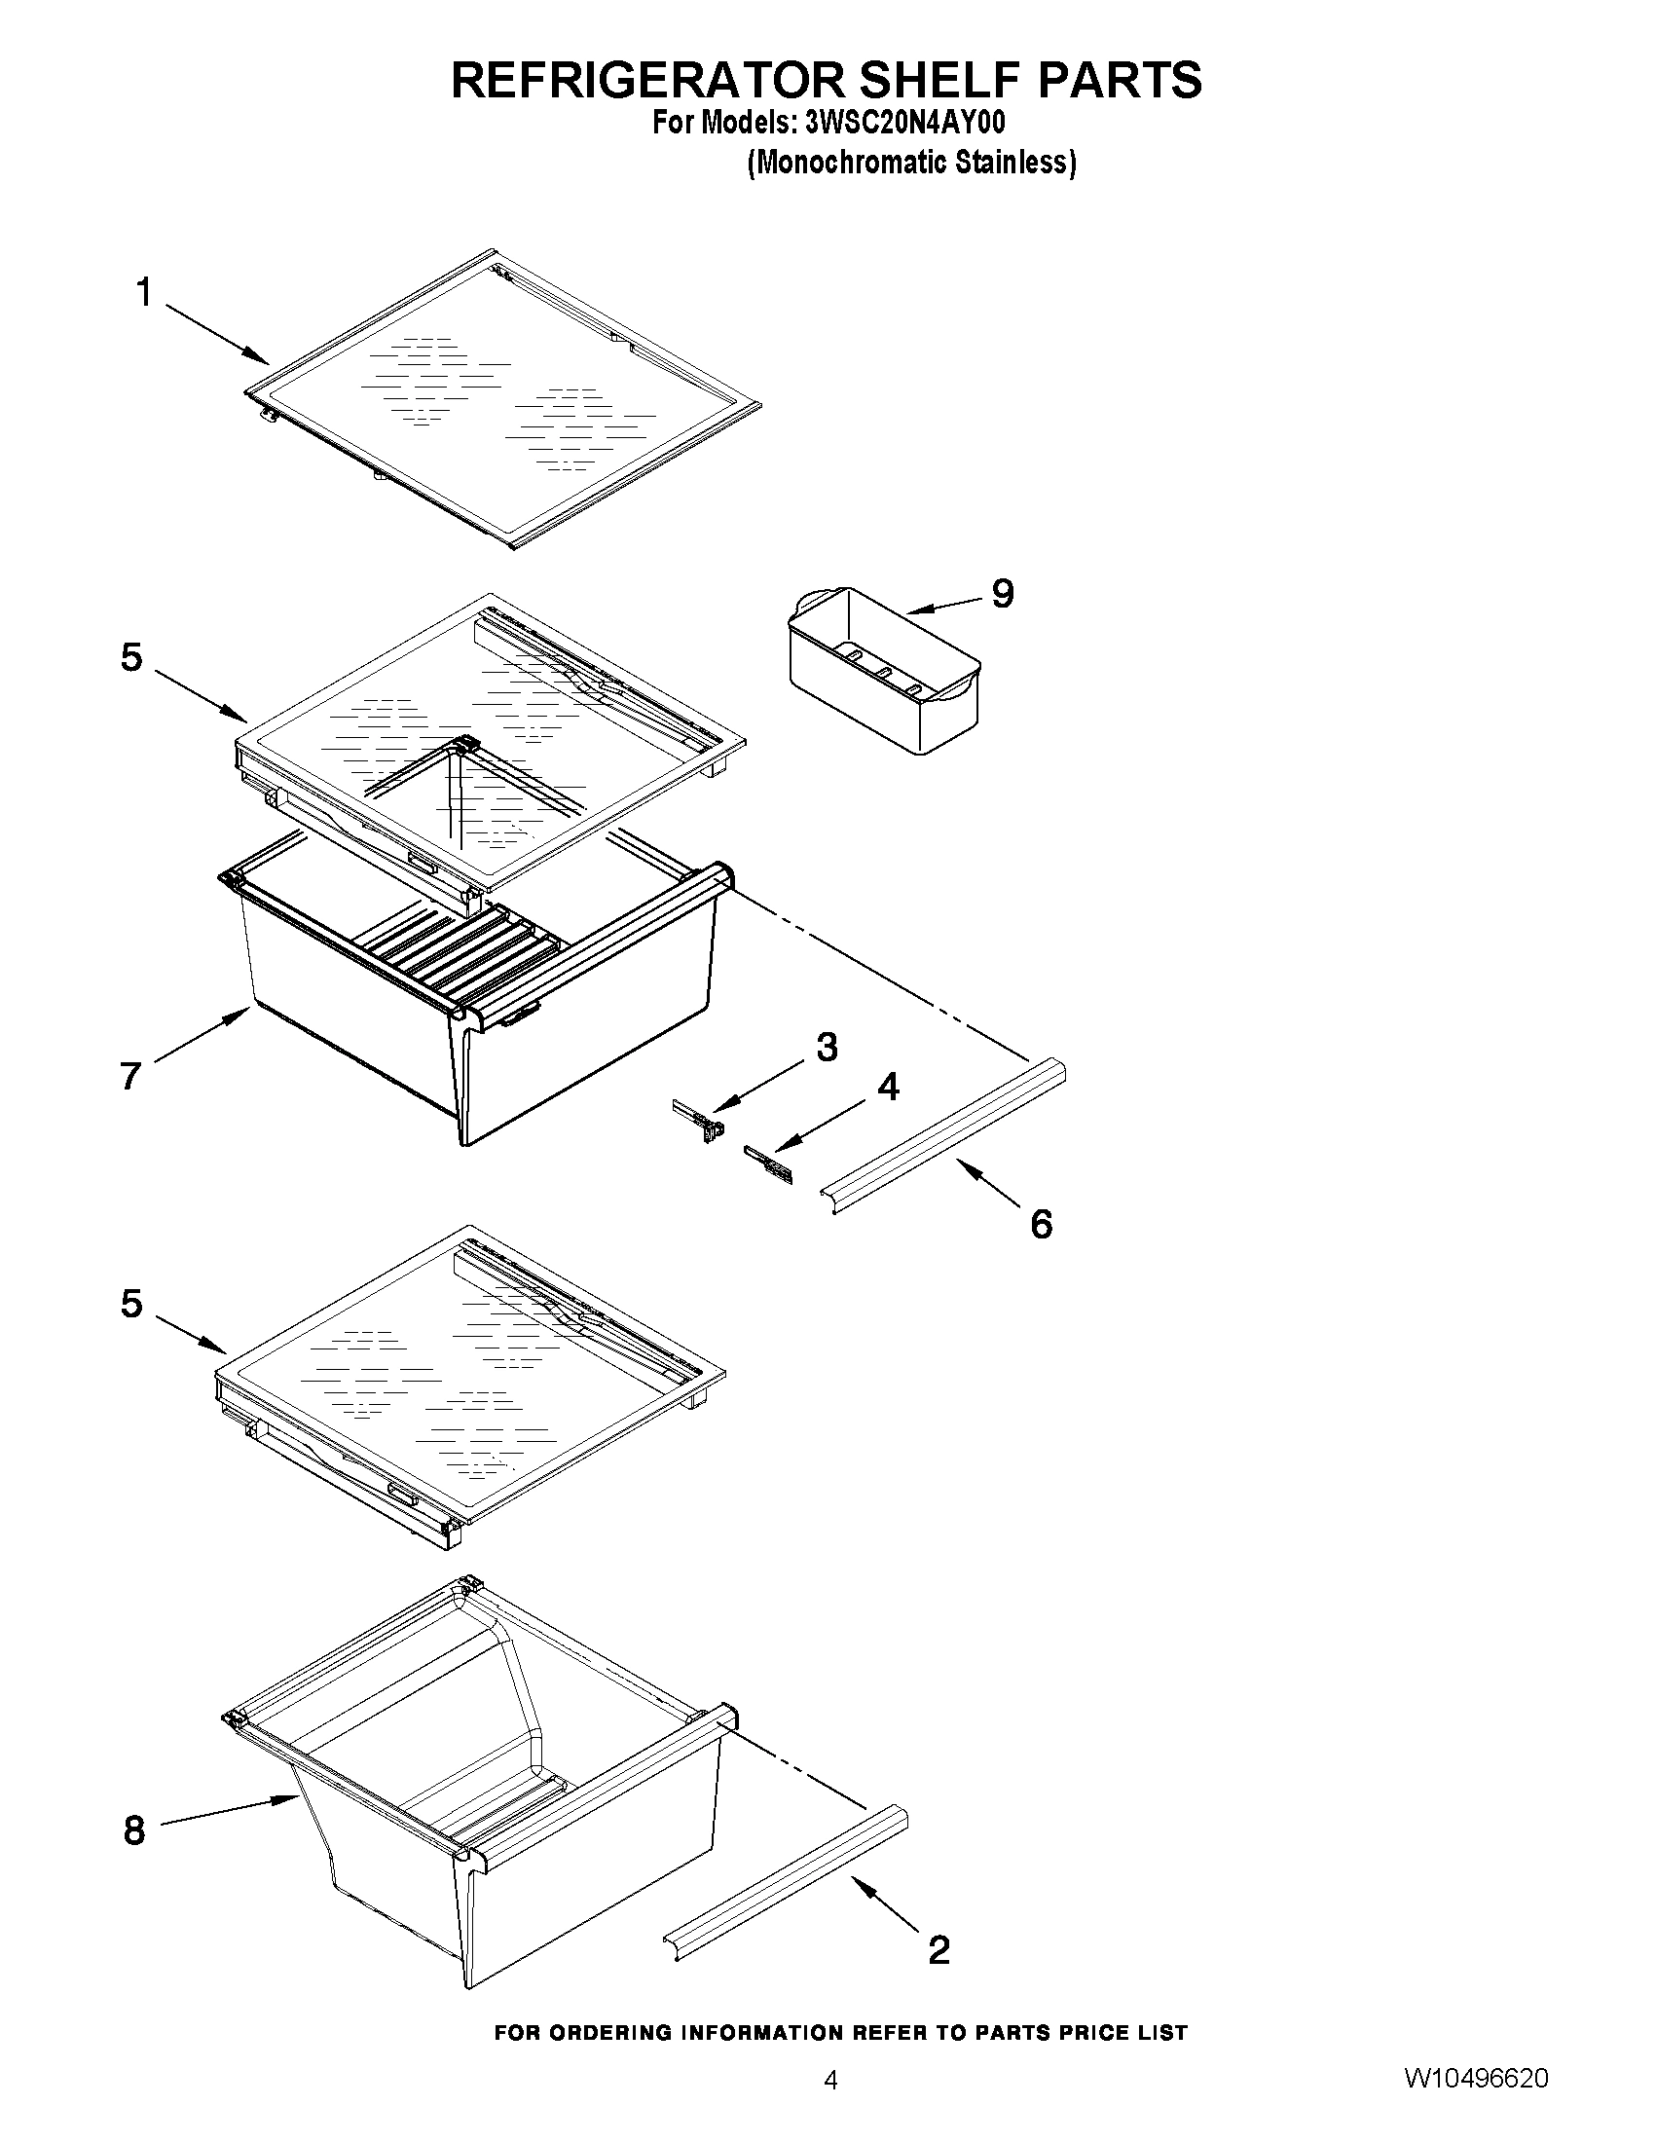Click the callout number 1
point(144,292)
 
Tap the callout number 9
point(1002,593)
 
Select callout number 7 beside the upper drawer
point(130,1077)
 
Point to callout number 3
point(827,1047)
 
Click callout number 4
point(887,1087)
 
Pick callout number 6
point(1041,1224)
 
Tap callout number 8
point(134,1830)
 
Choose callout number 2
point(938,1949)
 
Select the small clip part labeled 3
point(702,1119)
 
